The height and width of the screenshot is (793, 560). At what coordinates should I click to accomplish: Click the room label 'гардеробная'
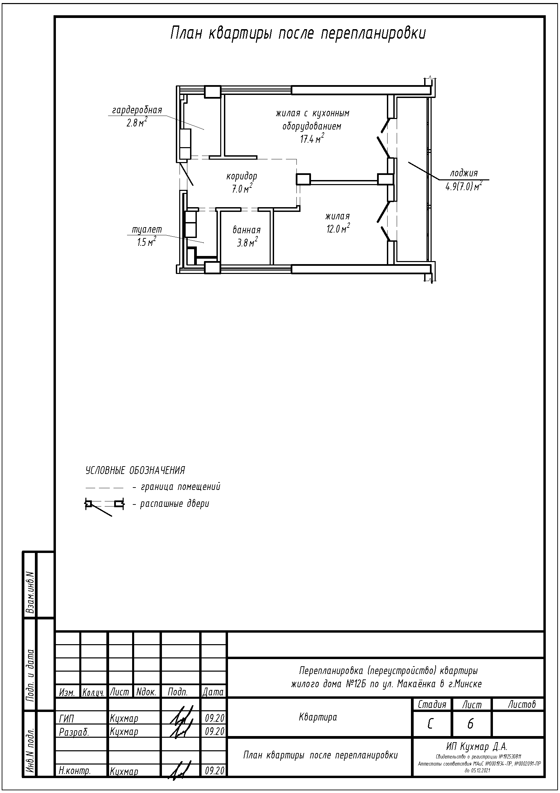click(x=137, y=110)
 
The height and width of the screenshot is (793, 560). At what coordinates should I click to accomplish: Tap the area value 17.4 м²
click(x=312, y=139)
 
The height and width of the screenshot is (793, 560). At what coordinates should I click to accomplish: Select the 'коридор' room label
click(x=242, y=176)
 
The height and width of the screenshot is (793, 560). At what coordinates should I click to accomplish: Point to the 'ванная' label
click(x=246, y=230)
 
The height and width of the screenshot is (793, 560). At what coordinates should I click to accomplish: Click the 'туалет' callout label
click(x=147, y=230)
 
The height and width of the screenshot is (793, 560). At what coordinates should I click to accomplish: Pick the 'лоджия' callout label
click(x=464, y=173)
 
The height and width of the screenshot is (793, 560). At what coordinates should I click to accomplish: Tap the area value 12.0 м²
click(x=338, y=229)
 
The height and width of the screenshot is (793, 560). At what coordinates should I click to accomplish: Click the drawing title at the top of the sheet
click(x=298, y=34)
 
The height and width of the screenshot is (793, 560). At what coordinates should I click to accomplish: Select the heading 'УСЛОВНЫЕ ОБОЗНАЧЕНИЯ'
click(x=135, y=471)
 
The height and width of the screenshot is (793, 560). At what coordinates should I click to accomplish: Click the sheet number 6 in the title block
click(x=470, y=724)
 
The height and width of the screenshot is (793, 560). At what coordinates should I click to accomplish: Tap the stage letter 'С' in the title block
click(x=430, y=724)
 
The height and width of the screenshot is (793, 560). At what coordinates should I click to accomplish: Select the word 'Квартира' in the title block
click(x=318, y=717)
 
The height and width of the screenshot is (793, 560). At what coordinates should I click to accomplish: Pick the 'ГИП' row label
click(x=67, y=719)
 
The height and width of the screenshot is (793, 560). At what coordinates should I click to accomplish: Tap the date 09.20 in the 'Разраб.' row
click(x=214, y=732)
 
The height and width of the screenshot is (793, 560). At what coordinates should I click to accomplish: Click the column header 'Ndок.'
click(x=146, y=692)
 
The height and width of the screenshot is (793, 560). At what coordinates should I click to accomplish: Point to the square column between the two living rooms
click(x=304, y=179)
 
